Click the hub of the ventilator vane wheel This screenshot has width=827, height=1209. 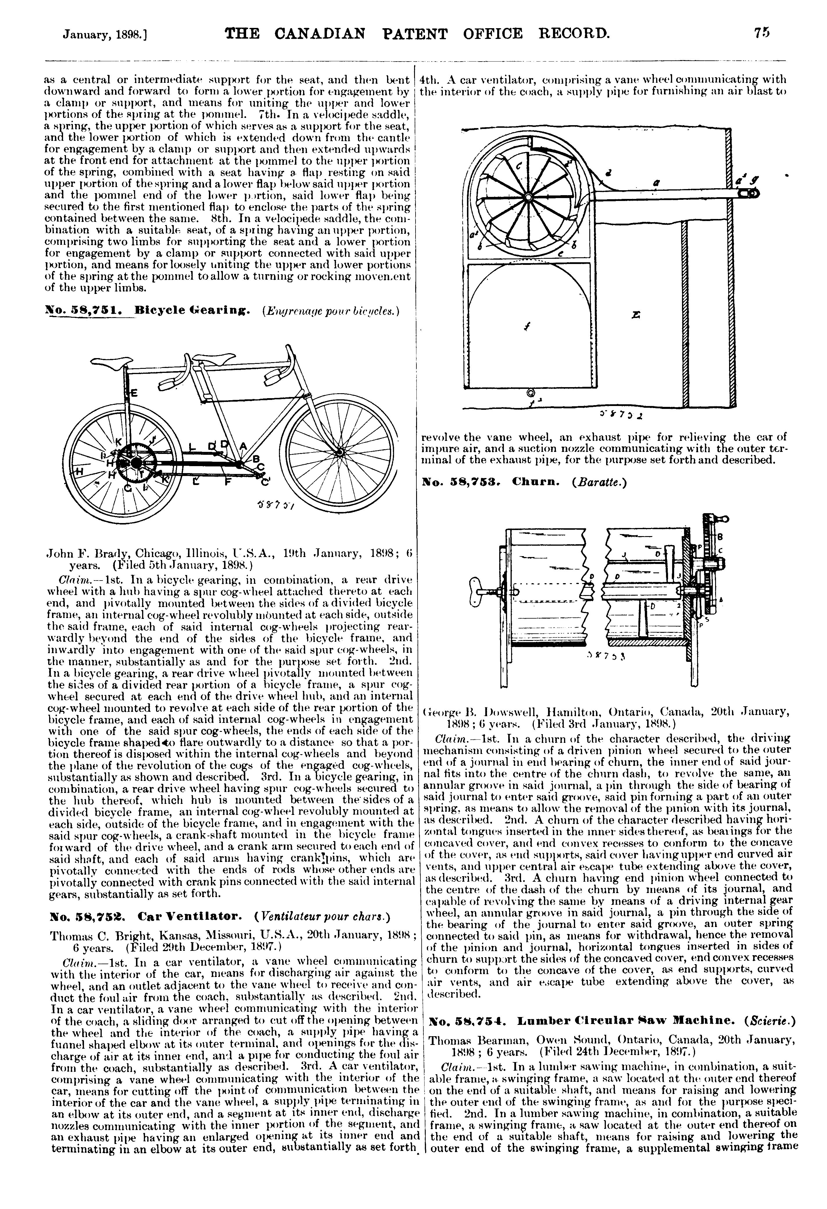click(528, 197)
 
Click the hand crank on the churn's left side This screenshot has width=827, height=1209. click(482, 592)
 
